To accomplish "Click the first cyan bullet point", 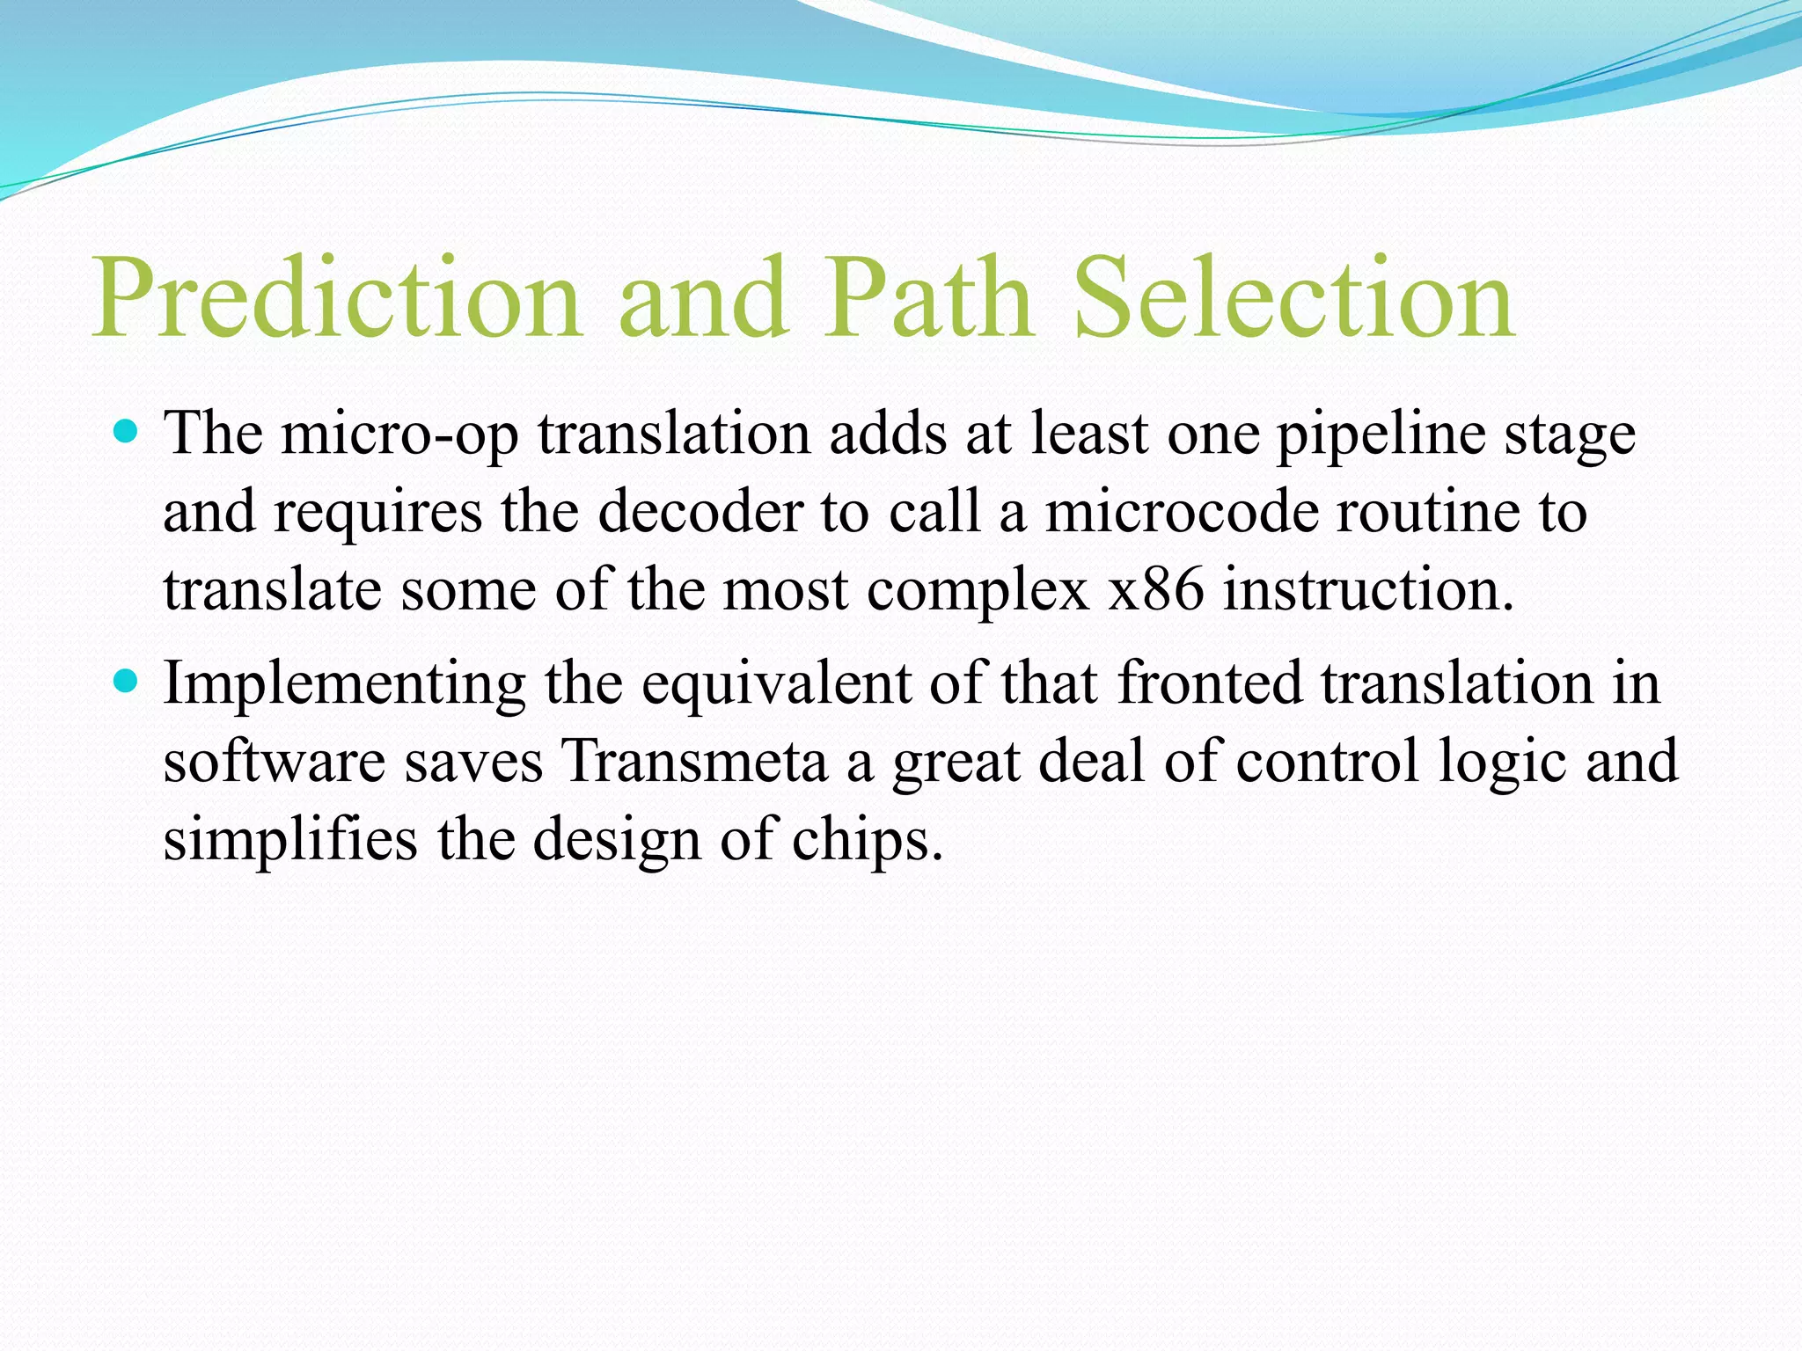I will [x=127, y=432].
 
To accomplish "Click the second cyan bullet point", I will [x=127, y=681].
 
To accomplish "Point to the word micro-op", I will [x=399, y=435].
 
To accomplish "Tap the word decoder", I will [x=700, y=512].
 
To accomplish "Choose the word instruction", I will [x=1367, y=589].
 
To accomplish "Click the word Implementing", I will [x=344, y=684].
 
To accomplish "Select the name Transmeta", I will [x=695, y=761].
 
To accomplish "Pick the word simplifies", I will [x=290, y=839].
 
